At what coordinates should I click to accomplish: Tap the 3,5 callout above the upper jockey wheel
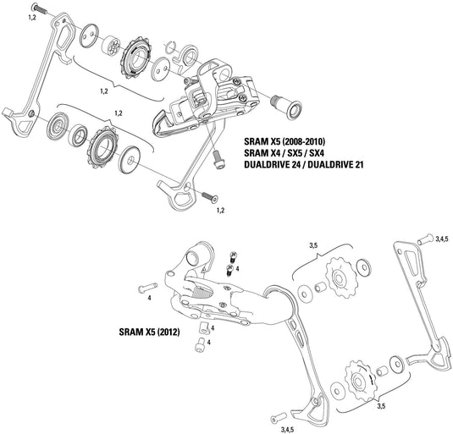313,245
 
